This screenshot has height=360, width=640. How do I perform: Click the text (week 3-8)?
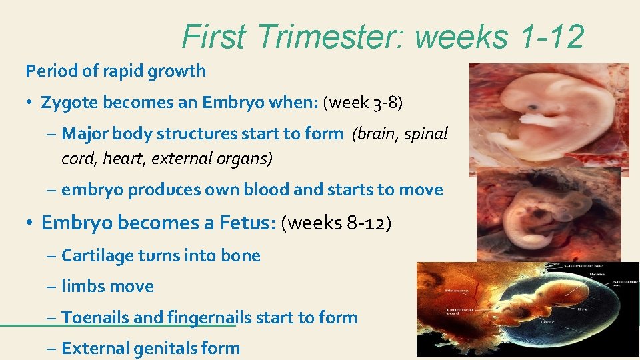(x=363, y=103)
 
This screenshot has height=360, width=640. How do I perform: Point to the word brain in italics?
(x=377, y=133)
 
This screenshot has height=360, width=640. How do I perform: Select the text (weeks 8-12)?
(x=337, y=223)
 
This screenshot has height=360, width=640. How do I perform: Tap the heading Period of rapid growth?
(x=115, y=71)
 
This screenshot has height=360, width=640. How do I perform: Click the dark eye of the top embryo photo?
(x=534, y=107)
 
